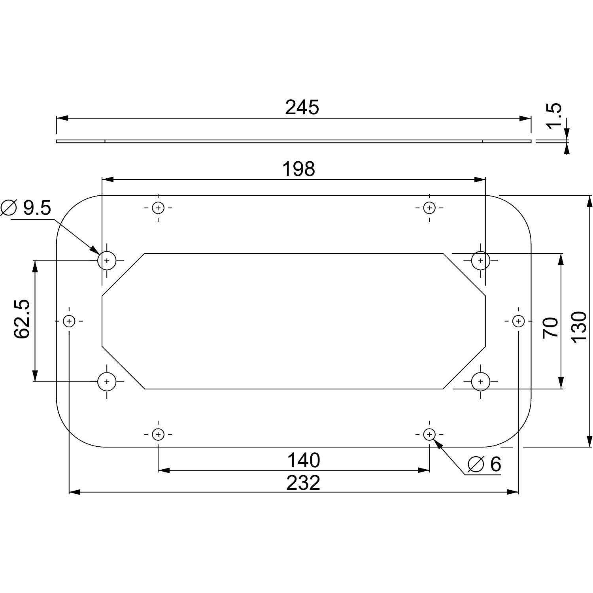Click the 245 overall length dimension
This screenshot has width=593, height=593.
[x=302, y=108]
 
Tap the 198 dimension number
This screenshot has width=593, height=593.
[x=298, y=169]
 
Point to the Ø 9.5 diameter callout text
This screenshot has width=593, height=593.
[x=26, y=208]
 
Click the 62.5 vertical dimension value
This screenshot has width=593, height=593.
[x=22, y=319]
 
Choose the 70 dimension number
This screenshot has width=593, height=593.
[x=551, y=327]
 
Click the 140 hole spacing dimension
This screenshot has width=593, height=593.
[x=304, y=461]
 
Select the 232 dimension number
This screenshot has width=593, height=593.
[x=303, y=483]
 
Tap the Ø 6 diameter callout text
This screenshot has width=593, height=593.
[x=484, y=464]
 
